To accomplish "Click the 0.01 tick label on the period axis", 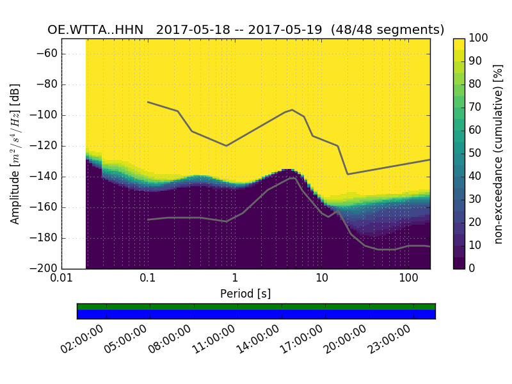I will click(61, 279).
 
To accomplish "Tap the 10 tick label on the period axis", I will click(322, 279).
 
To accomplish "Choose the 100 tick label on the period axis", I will click(408, 279).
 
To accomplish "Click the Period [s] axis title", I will click(245, 294).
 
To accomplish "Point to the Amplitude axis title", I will click(15, 154).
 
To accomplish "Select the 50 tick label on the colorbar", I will click(476, 154).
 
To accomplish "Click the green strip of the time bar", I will click(256, 307).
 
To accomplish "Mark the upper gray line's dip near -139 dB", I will click(348, 174).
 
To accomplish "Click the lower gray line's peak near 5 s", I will click(293, 178).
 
